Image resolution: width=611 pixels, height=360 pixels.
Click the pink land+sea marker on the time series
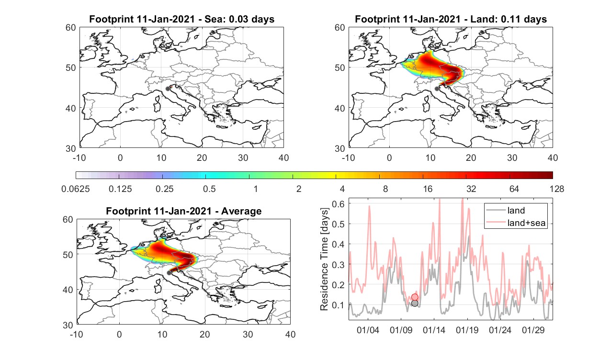[x=415, y=297]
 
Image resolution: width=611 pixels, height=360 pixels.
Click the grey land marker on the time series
[x=415, y=304]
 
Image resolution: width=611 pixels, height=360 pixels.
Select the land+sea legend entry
[x=516, y=223]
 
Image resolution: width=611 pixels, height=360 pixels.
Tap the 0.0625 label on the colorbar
[x=76, y=189]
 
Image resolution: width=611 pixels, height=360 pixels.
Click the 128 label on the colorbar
[x=557, y=189]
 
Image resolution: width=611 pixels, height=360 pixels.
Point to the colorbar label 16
[x=428, y=189]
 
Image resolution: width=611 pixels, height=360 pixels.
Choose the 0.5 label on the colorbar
[x=209, y=189]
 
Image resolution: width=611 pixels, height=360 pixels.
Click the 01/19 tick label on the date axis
[x=467, y=330]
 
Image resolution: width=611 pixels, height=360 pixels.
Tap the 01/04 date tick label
[x=368, y=330]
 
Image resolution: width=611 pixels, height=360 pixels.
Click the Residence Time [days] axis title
[x=324, y=259]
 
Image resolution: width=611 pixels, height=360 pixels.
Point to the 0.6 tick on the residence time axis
[x=338, y=203]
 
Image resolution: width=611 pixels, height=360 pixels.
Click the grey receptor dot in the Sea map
[x=168, y=89]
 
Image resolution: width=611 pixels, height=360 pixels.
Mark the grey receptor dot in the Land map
[x=437, y=89]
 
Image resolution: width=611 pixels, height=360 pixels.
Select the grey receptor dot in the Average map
[x=169, y=273]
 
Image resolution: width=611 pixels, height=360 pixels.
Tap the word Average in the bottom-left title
[x=241, y=211]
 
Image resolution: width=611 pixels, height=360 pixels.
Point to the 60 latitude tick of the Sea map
[x=71, y=28]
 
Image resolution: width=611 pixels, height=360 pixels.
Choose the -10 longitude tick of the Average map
[x=77, y=334]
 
